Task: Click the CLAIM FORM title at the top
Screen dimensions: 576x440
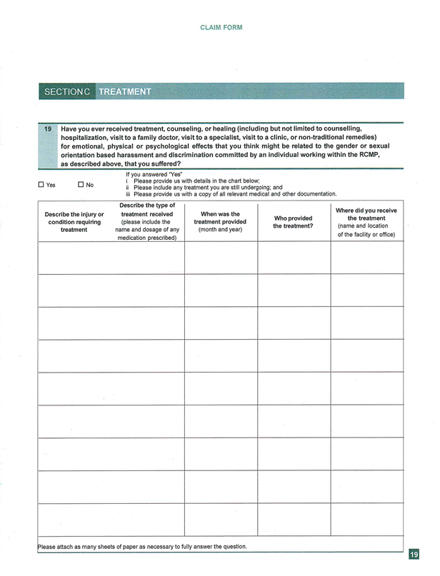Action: [x=221, y=28]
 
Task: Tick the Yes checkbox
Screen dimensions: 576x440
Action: [x=41, y=186]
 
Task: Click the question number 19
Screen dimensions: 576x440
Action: [x=48, y=129]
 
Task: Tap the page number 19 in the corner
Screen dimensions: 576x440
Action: [x=414, y=554]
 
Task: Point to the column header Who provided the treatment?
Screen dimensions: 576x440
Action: [x=293, y=222]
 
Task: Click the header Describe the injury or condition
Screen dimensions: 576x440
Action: [x=74, y=222]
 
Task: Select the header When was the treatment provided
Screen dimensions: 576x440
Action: [x=220, y=222]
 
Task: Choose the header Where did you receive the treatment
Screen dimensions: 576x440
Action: [x=366, y=222]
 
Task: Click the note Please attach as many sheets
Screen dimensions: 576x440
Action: [x=142, y=547]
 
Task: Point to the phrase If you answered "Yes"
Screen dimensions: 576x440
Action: [x=154, y=174]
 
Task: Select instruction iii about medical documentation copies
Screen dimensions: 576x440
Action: [x=231, y=194]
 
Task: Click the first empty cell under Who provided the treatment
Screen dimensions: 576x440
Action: [x=293, y=258]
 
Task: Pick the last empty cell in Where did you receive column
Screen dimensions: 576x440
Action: [x=366, y=519]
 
